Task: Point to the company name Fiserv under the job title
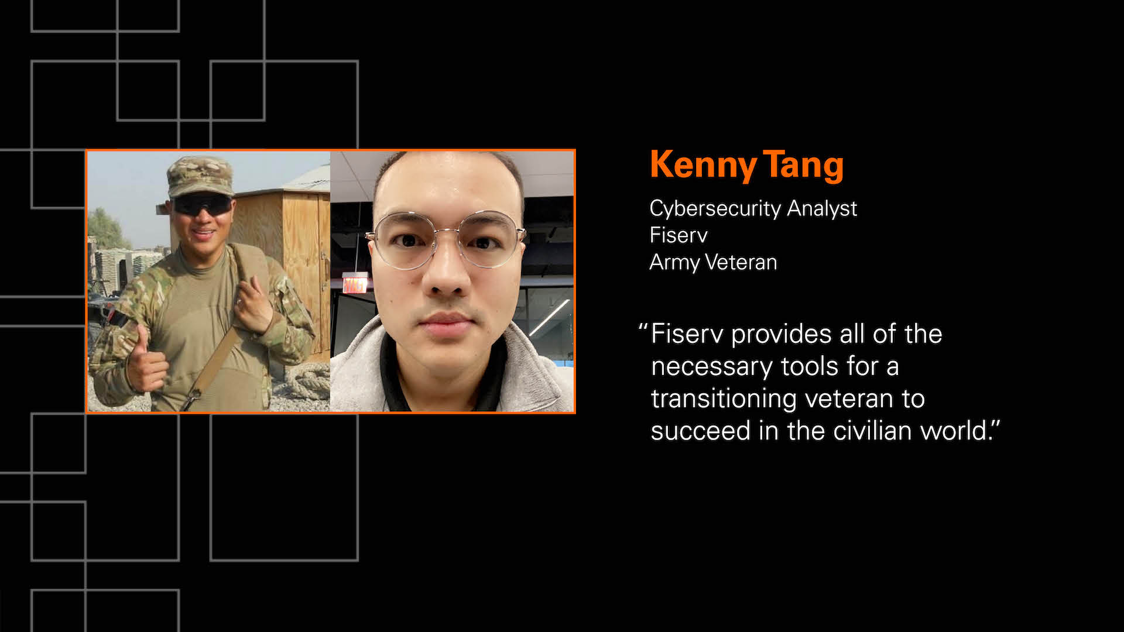(x=678, y=235)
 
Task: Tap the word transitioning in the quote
(x=724, y=399)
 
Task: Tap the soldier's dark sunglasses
(x=201, y=205)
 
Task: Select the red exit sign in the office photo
(x=355, y=284)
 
